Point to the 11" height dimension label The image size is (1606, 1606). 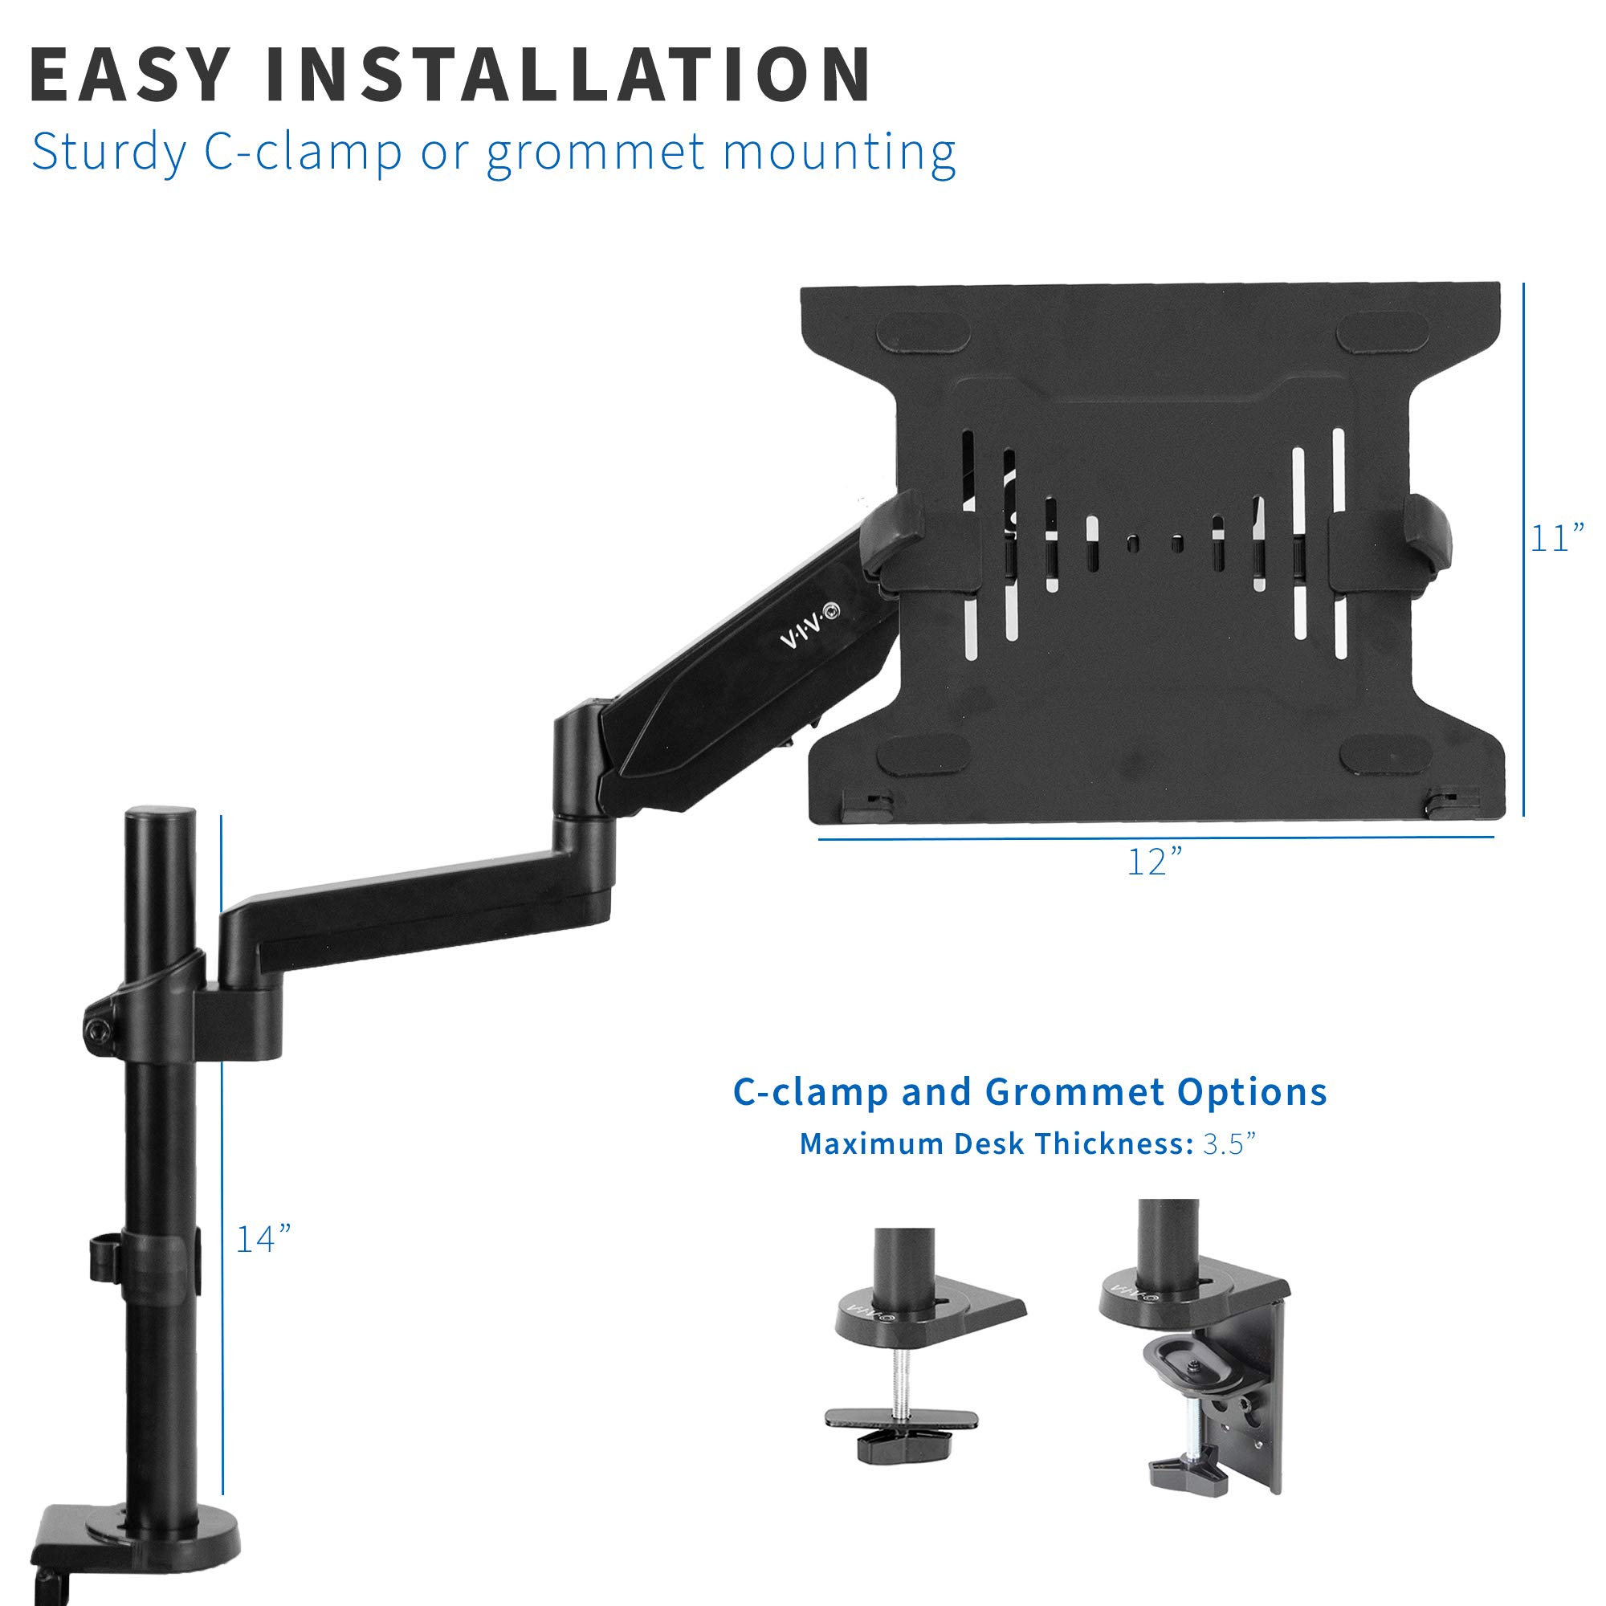1556,539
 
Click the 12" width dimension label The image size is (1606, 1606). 1154,862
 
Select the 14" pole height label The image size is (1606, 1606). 263,1239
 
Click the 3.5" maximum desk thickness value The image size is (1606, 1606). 1229,1143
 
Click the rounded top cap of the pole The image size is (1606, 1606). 160,817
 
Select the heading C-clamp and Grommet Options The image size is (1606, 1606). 1029,1092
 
